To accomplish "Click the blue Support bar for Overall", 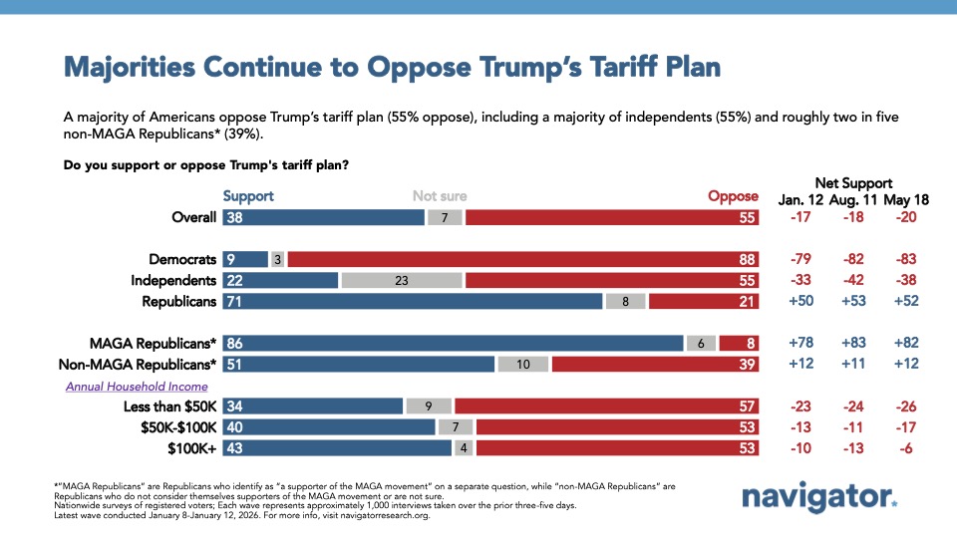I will (x=324, y=217).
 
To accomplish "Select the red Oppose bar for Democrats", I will (x=523, y=259).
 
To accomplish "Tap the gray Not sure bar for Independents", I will (x=402, y=281).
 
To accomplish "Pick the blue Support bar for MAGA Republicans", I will (x=454, y=343).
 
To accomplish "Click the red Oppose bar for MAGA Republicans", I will (x=739, y=343).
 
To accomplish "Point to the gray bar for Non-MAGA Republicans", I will (x=522, y=365).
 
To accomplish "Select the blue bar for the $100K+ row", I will (x=338, y=449).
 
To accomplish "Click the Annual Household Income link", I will (x=137, y=386).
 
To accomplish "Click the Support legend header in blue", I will (x=247, y=196).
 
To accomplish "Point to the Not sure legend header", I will (x=440, y=196).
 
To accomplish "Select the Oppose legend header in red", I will (x=733, y=196).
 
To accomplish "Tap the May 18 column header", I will (x=906, y=198).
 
